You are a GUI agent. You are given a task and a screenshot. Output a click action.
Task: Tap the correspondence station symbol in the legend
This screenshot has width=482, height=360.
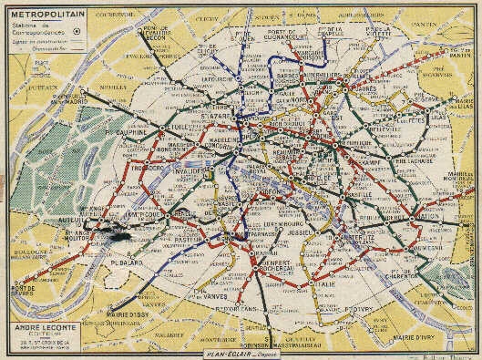coord(76,28)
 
